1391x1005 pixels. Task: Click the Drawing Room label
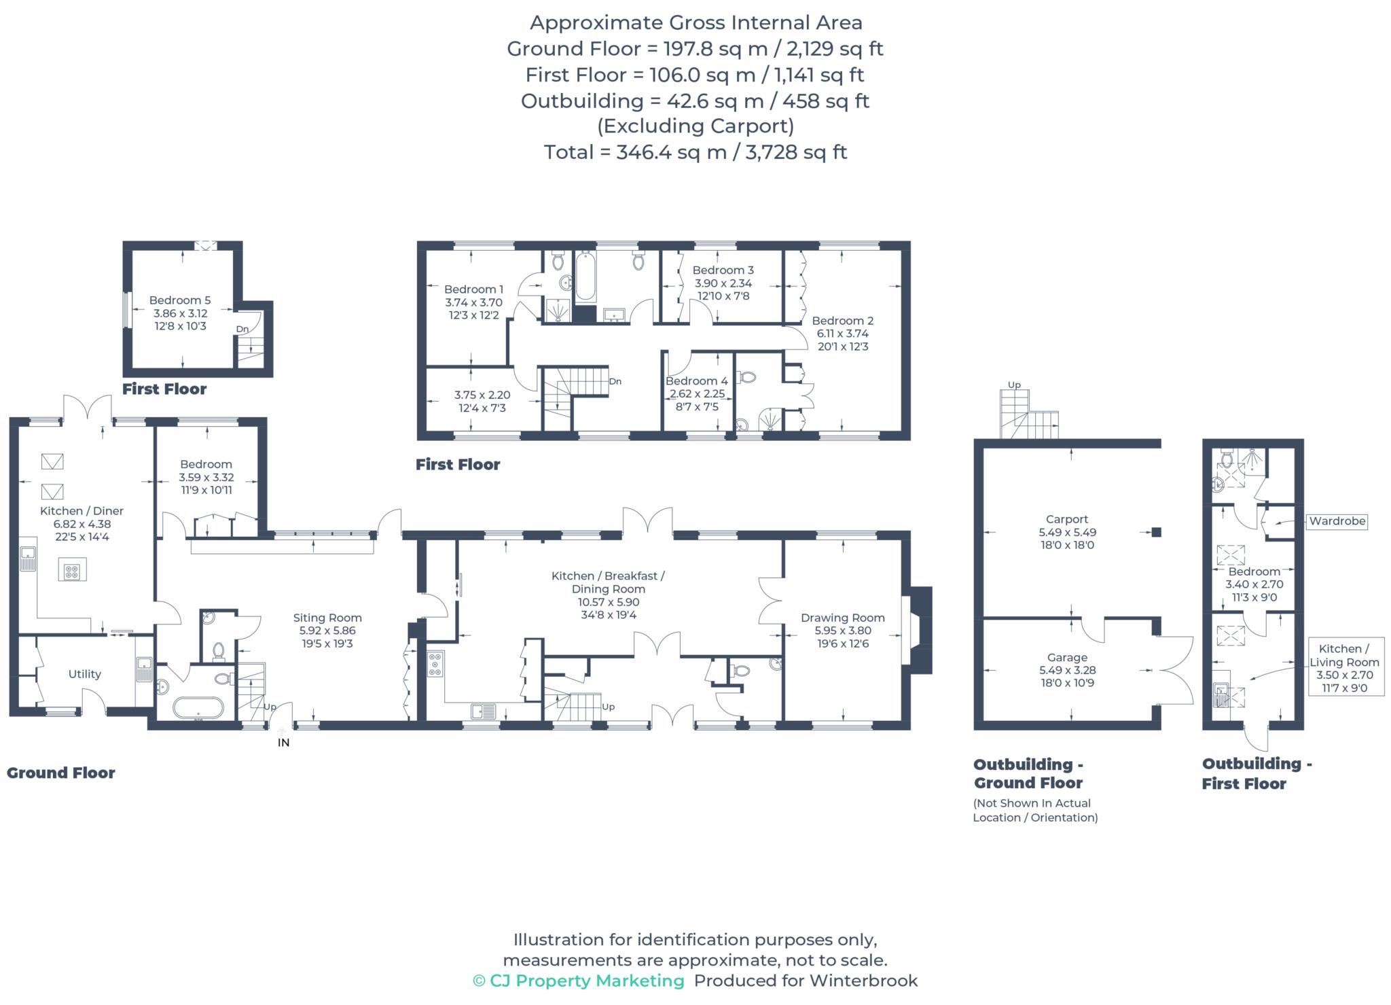click(842, 618)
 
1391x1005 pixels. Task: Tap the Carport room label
click(1067, 519)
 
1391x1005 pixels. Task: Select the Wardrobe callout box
click(1337, 521)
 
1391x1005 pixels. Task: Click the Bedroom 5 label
click(180, 300)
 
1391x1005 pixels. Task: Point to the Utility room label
click(85, 674)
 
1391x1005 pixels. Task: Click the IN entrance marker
click(284, 743)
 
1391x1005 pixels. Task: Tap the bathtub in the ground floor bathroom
click(198, 708)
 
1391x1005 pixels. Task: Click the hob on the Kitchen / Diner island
click(72, 571)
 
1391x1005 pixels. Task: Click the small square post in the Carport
click(1156, 532)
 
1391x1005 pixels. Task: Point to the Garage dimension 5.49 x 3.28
click(1067, 670)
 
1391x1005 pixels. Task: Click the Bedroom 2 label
click(843, 321)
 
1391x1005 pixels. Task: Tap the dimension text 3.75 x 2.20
click(482, 395)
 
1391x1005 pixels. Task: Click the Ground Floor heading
click(61, 773)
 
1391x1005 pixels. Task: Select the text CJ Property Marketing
click(587, 981)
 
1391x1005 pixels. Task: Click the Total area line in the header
click(695, 152)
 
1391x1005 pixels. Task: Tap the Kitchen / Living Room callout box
click(1344, 668)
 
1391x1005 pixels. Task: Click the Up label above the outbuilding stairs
click(1014, 385)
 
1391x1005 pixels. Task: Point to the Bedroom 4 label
click(696, 381)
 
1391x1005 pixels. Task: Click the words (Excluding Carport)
click(695, 126)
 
